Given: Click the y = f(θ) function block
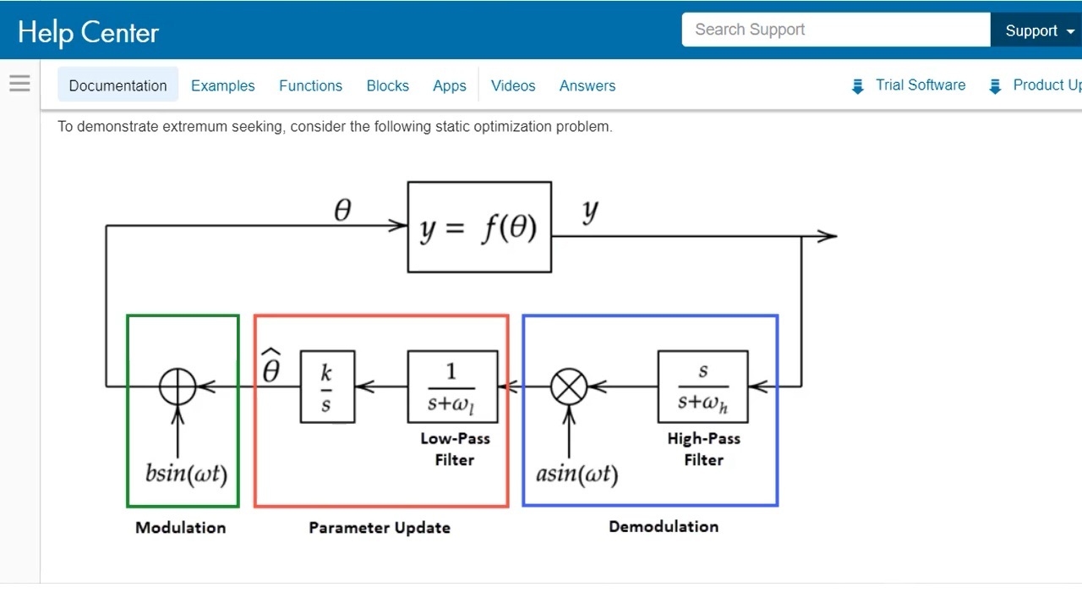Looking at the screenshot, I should (479, 227).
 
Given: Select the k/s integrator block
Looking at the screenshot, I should (327, 387).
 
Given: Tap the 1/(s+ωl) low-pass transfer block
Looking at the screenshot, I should (452, 387).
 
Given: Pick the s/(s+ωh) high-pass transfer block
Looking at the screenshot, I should (702, 387).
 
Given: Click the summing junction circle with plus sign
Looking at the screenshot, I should (178, 387).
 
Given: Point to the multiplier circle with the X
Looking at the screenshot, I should (569, 387).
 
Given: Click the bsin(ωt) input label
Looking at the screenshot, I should (186, 473).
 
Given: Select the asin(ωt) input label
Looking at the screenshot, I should (577, 473).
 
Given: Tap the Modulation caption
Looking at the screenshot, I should (181, 528).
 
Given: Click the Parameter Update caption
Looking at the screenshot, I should (380, 528).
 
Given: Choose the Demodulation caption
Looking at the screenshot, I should (664, 526).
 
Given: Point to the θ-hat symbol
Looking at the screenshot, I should (270, 366).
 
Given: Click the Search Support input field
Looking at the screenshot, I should (835, 30).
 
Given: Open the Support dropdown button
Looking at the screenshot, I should (1039, 30).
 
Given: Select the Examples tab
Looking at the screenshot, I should (222, 85).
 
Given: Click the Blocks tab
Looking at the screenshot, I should (387, 85).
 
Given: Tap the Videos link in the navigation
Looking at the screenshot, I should (513, 85).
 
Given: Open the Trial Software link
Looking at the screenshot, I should (920, 85).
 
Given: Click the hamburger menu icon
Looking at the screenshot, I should (19, 83).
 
